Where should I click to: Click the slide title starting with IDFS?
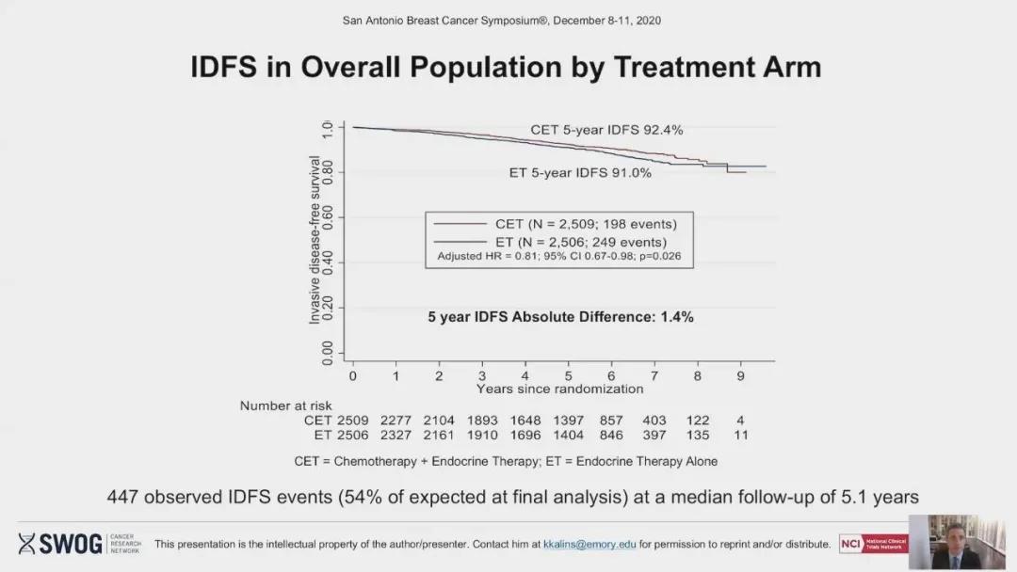pos(506,67)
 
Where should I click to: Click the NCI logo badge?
pos(873,543)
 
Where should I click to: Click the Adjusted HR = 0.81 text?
pos(559,256)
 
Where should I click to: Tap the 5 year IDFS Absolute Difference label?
pos(560,317)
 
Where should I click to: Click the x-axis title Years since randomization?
pos(559,389)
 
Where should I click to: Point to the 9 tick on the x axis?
pos(741,375)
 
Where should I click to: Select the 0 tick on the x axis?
pos(352,375)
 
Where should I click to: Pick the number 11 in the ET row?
pos(740,435)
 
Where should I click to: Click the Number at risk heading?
pos(285,405)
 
